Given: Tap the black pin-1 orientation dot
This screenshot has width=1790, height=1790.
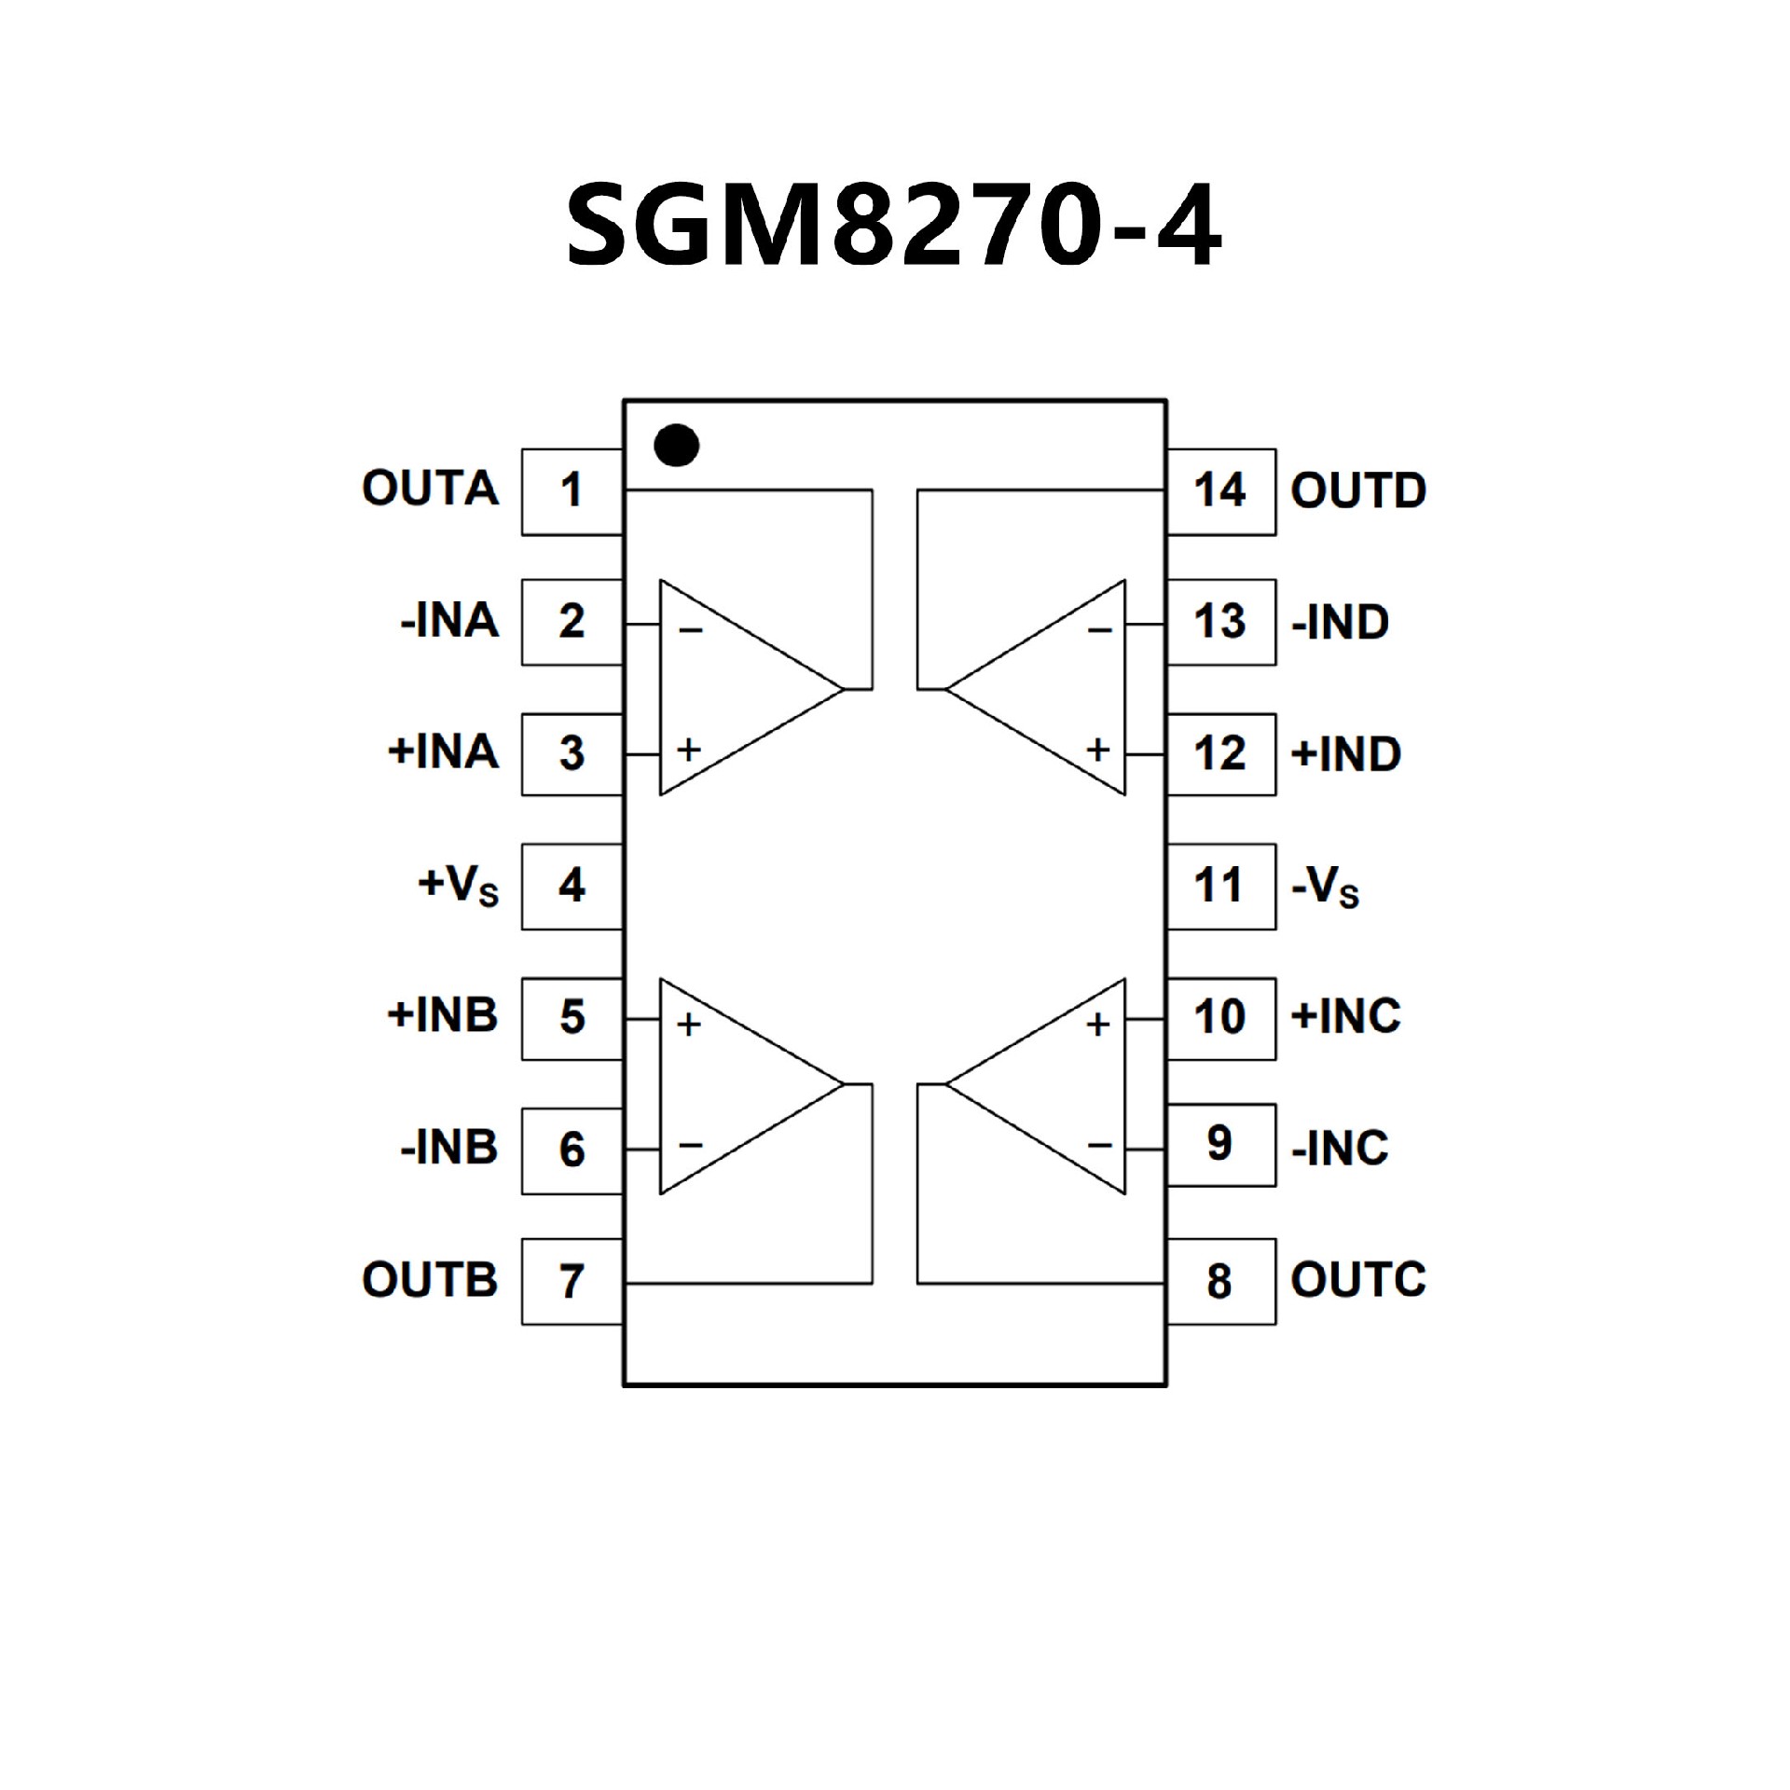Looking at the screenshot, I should coord(676,446).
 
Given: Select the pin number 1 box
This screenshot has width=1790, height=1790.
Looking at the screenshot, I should coord(571,491).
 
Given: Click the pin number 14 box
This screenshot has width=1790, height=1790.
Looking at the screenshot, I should coord(1219,491).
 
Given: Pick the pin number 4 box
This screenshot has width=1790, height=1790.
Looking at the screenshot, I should coord(571,886).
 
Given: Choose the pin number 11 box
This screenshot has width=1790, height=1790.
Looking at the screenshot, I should coord(1219,886).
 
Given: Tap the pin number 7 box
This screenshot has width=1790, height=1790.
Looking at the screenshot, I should coord(571,1282).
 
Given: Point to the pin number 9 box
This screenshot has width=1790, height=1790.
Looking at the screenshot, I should coord(1219,1145).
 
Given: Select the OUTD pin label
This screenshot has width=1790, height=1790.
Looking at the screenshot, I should coord(1358,491).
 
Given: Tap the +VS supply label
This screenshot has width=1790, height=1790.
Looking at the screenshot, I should coord(459,886).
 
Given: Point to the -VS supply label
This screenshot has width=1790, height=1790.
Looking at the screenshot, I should coord(1325,888).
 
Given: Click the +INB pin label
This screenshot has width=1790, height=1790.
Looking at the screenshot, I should coord(443,1016).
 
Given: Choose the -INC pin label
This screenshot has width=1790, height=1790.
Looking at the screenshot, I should coord(1340,1149).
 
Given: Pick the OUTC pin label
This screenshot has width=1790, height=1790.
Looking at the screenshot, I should coord(1358,1280).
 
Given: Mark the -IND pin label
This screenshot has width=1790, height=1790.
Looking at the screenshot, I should coord(1340,623).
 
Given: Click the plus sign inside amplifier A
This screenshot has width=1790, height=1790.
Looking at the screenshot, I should coord(689,750).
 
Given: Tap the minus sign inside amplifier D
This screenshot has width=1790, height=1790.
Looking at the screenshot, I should coord(1100,631).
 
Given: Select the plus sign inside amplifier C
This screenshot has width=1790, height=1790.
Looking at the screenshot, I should coord(1098,1025).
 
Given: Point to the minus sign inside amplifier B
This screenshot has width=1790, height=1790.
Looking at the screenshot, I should coord(690,1145).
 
